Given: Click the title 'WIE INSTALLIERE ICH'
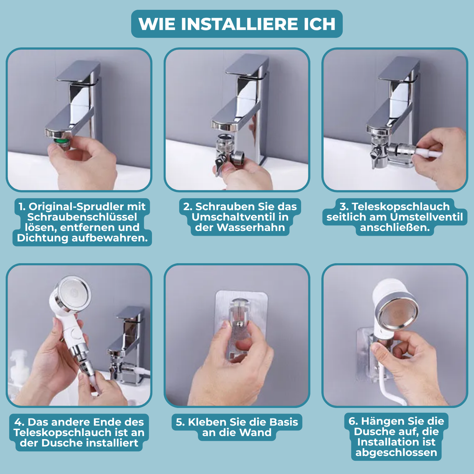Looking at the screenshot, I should [x=237, y=24].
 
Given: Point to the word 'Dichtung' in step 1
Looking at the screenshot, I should [x=43, y=238].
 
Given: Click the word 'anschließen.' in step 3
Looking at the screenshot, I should [x=395, y=228].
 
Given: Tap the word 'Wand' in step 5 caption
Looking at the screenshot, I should [x=255, y=433].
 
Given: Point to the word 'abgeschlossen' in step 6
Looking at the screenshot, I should [x=396, y=453].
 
